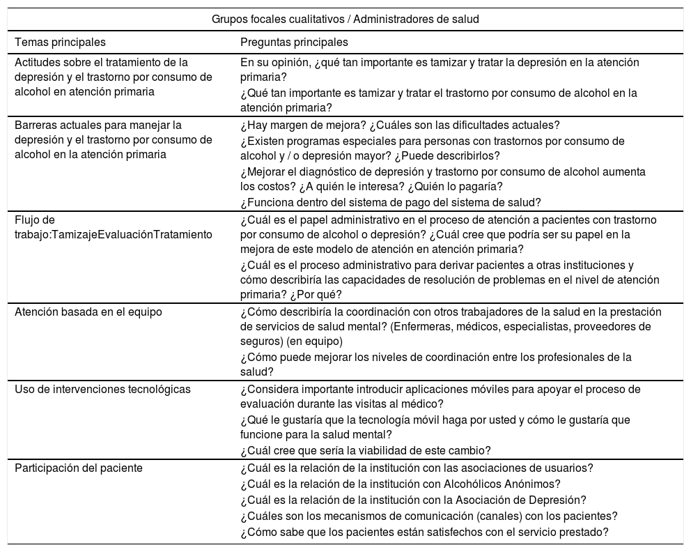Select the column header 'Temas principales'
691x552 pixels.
click(x=61, y=43)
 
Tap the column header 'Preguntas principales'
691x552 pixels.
click(x=294, y=43)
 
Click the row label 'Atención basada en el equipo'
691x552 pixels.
click(x=88, y=312)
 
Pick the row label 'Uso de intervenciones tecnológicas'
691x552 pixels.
click(x=102, y=389)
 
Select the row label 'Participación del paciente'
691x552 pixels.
click(x=79, y=468)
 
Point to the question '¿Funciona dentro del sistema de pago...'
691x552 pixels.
click(x=390, y=203)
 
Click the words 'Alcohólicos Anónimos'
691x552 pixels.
click(x=508, y=484)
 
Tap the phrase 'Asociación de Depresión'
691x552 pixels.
click(x=520, y=500)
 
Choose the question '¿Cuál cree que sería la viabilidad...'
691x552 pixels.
click(x=365, y=450)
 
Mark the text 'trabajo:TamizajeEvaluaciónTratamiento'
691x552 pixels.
click(x=114, y=234)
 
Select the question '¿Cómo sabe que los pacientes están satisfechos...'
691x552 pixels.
click(x=424, y=532)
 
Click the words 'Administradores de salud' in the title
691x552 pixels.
click(x=417, y=20)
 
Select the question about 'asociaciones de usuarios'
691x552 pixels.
click(x=416, y=468)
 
